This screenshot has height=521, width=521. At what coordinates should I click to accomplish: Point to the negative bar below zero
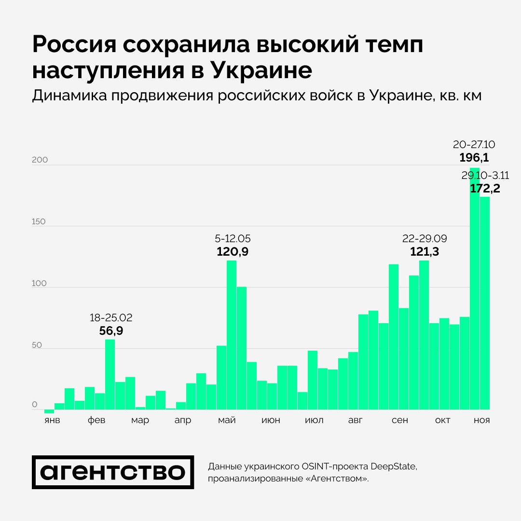(49, 411)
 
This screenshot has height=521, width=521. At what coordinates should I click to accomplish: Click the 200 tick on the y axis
(40, 160)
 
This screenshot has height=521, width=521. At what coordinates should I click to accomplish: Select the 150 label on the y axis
(39, 222)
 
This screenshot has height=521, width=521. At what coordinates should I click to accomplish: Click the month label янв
(52, 421)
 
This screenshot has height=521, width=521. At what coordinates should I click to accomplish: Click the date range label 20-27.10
(474, 145)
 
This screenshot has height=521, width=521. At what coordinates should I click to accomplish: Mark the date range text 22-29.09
(425, 238)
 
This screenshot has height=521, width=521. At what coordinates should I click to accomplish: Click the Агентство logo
(113, 472)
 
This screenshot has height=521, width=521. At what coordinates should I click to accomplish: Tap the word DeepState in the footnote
(392, 466)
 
